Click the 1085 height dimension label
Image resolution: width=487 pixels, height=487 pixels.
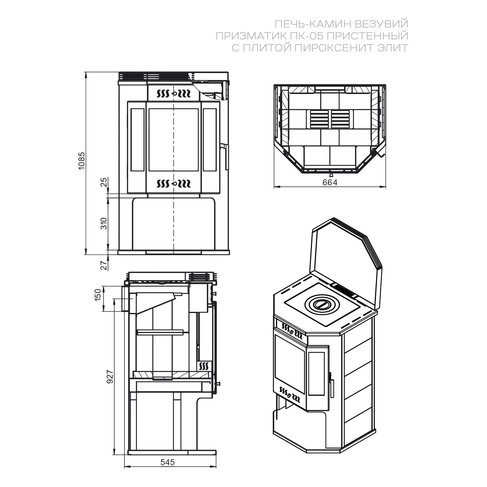[x=82, y=161]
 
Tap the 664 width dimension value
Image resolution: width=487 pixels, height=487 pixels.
[x=330, y=182]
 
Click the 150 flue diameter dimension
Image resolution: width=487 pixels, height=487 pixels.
[x=98, y=295]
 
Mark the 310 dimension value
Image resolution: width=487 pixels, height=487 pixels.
[x=104, y=224]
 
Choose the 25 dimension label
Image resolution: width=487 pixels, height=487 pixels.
[x=104, y=182]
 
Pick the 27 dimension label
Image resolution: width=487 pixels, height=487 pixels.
[x=104, y=265]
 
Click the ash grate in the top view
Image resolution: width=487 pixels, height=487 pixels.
[x=330, y=119]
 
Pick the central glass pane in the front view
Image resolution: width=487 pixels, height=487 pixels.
[x=174, y=140]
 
